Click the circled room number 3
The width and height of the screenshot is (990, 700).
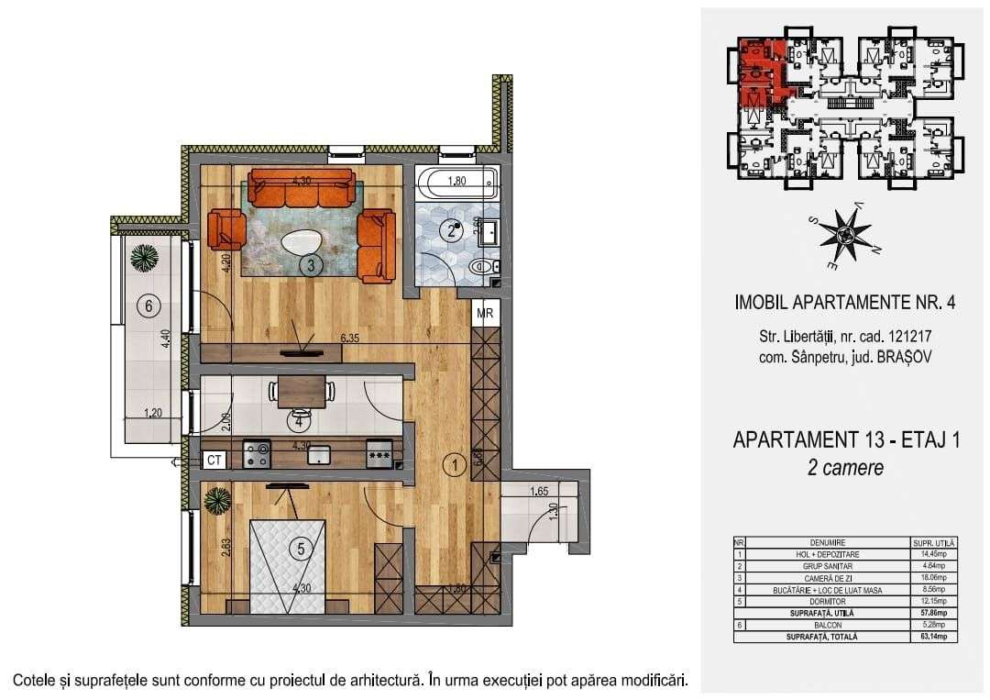pyautogui.click(x=312, y=266)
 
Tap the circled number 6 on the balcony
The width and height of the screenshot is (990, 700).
pyautogui.click(x=148, y=306)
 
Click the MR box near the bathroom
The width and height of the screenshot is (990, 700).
pyautogui.click(x=486, y=312)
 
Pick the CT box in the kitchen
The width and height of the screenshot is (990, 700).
pyautogui.click(x=214, y=459)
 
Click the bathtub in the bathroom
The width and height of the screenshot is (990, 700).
pyautogui.click(x=456, y=183)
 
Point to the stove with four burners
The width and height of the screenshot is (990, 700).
pyautogui.click(x=257, y=452)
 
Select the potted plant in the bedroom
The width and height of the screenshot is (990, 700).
pyautogui.click(x=218, y=500)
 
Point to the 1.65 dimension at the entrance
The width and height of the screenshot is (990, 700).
pyautogui.click(x=539, y=492)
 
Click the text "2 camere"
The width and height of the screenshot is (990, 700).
pyautogui.click(x=846, y=468)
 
